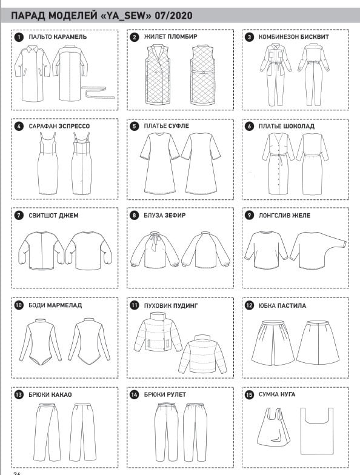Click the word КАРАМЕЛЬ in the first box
coord(70,37)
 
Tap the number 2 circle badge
coord(135,37)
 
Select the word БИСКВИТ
coord(315,37)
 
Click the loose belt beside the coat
coord(99,92)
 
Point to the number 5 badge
coord(135,126)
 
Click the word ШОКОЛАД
coord(299,126)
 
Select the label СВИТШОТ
coord(42,216)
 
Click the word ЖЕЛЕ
coord(301,216)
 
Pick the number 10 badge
coord(19,305)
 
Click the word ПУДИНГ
coord(185,305)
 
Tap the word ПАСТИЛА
coord(292,305)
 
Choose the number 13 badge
coord(19,394)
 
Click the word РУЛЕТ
coord(176,394)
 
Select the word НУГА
coord(287,394)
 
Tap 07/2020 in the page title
coord(173,16)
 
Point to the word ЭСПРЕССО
coord(74,126)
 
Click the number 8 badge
coord(135,216)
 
